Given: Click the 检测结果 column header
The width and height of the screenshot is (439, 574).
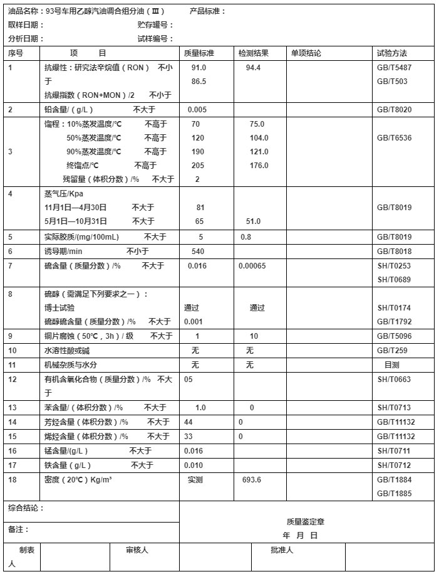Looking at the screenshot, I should click(254, 53).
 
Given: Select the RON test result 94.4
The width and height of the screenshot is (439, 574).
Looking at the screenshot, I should click(254, 67).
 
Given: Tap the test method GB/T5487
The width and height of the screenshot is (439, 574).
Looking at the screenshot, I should click(394, 67).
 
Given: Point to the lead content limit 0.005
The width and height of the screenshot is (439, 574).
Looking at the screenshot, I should click(197, 110).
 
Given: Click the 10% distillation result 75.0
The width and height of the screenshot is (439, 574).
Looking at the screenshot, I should click(257, 124).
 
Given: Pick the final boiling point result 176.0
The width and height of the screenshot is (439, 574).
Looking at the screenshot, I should click(259, 166).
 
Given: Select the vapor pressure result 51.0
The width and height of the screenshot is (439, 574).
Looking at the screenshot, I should click(252, 221).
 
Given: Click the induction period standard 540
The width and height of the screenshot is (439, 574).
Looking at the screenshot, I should click(198, 252).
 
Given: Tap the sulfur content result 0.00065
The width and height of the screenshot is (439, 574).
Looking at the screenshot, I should click(252, 266).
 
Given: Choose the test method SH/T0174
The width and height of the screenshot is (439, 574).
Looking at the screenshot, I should click(394, 308).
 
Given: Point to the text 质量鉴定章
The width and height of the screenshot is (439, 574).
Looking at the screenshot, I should click(305, 521).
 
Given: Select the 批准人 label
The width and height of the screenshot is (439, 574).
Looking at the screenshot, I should click(282, 550).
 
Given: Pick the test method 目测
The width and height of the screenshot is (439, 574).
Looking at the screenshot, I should click(391, 364).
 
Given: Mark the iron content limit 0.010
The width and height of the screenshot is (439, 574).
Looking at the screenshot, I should click(194, 465).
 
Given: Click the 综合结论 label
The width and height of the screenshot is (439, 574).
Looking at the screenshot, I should click(26, 508).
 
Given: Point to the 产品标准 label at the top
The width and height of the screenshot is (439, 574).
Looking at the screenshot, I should click(207, 11).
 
